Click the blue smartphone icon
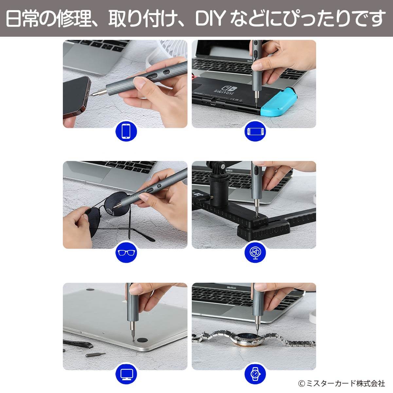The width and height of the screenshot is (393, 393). pos(126,131)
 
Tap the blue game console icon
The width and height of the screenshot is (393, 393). pos(255,131)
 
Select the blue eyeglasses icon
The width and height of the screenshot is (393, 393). pos(126,253)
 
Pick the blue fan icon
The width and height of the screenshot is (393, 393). pos(255,253)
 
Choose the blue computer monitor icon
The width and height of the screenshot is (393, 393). pos(126,374)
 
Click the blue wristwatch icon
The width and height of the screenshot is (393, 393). pos(255,374)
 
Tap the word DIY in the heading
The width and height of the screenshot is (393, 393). pos(210,19)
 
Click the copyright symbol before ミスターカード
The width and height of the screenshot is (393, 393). pos(302,384)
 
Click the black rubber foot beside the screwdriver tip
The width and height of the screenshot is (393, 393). pos(142,340)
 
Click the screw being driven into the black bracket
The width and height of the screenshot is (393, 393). pos(257,216)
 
